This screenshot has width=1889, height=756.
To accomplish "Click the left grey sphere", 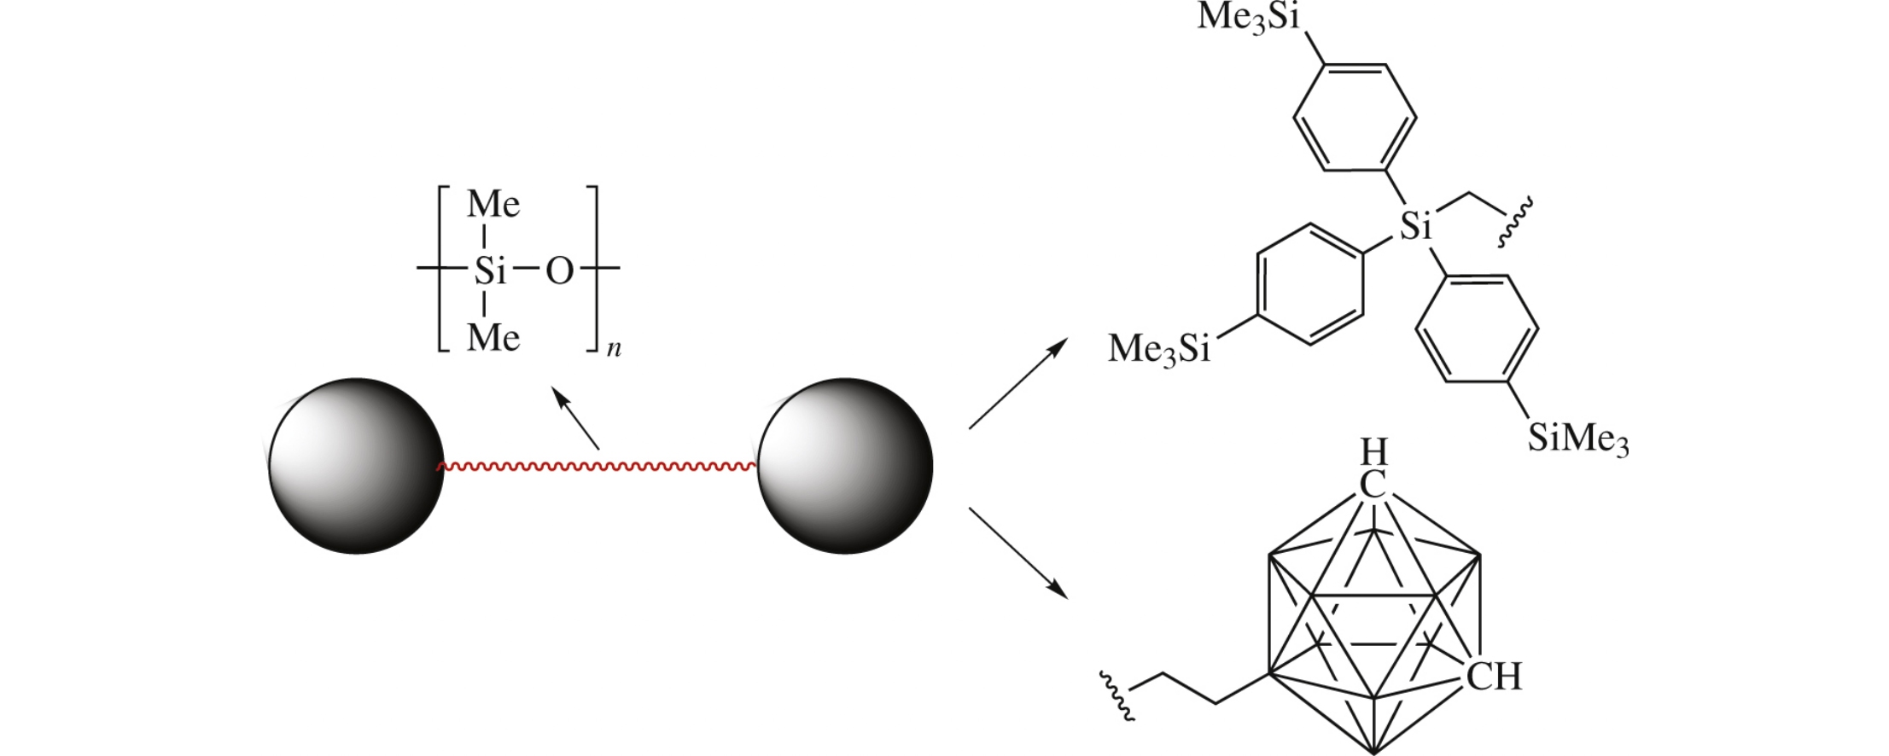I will (356, 466).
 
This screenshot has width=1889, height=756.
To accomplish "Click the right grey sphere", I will (845, 466).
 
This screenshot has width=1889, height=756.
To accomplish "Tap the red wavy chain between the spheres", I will (598, 467).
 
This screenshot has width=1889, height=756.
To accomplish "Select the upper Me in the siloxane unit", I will (493, 205).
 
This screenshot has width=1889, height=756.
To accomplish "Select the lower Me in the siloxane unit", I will (493, 339).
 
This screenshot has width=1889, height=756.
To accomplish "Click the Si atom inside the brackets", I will (490, 271).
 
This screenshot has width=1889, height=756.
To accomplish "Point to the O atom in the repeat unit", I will (559, 271).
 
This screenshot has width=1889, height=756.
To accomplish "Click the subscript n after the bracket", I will (614, 349).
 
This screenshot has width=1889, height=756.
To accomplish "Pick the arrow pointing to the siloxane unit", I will (575, 417).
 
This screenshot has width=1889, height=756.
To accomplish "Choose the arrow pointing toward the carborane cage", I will (1018, 553).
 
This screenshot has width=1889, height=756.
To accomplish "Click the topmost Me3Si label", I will (1248, 17).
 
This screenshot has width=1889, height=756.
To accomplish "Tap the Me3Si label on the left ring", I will (1159, 349).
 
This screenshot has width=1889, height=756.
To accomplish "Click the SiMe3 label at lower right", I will (1577, 439).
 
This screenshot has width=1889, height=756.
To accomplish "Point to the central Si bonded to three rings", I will (1416, 226).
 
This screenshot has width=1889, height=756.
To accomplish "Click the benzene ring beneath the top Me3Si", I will (1355, 117).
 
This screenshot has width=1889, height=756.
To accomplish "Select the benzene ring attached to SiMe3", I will (1477, 329).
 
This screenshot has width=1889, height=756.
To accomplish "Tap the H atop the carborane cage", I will (1373, 451).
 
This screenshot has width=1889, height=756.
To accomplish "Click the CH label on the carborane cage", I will (1494, 677).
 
